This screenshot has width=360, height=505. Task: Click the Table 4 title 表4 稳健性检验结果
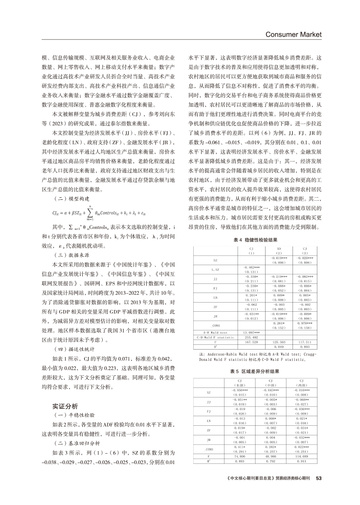(x=254, y=240)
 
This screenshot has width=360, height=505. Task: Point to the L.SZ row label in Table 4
(x=215, y=270)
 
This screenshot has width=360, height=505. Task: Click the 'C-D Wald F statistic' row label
(x=210, y=337)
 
